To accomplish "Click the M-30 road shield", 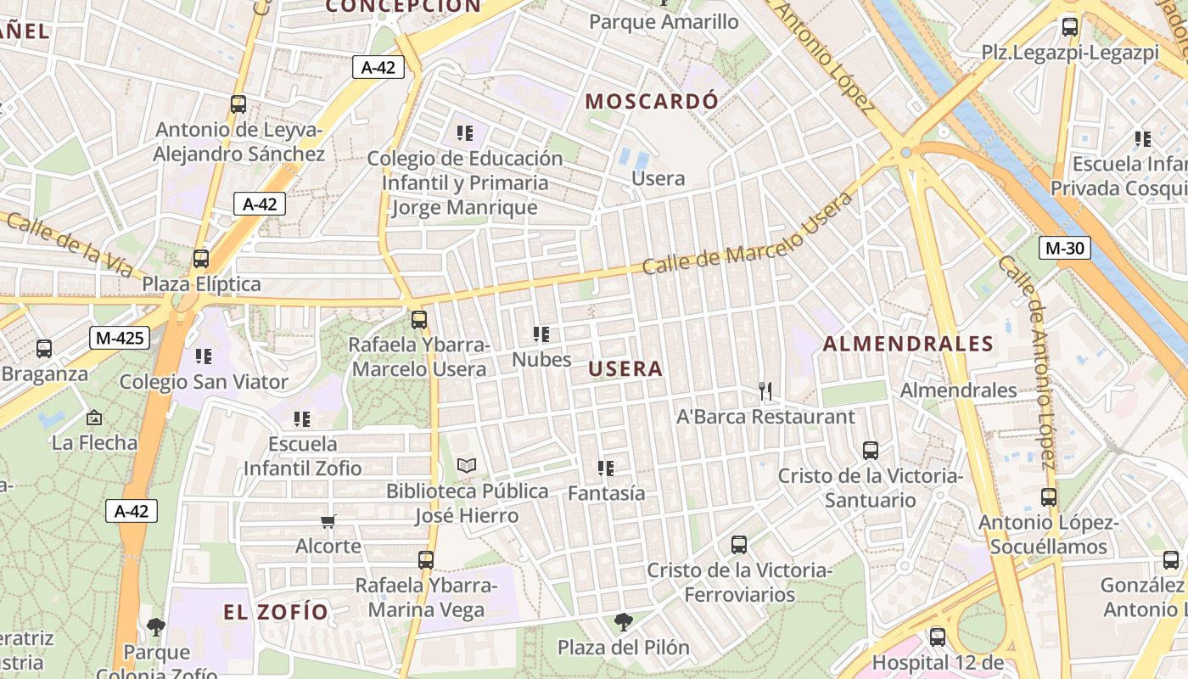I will pyautogui.click(x=1064, y=248).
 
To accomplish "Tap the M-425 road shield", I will pyautogui.click(x=120, y=338).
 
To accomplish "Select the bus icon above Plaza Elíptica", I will pyautogui.click(x=201, y=259).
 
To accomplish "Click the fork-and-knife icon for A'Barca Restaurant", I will pyautogui.click(x=765, y=390).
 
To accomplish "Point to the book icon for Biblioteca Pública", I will pyautogui.click(x=467, y=465).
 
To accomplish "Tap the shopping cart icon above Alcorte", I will pyautogui.click(x=328, y=520).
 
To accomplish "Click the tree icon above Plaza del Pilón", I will pyautogui.click(x=624, y=622).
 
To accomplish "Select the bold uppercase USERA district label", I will pyautogui.click(x=625, y=369).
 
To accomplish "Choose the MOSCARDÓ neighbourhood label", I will pyautogui.click(x=652, y=101).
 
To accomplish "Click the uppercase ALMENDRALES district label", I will pyautogui.click(x=908, y=344).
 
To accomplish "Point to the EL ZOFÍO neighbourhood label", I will pyautogui.click(x=276, y=612).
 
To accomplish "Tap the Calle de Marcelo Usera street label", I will pyautogui.click(x=747, y=234).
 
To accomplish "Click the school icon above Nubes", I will pyautogui.click(x=541, y=334).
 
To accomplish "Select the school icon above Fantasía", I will pyautogui.click(x=606, y=468).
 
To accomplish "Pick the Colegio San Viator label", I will pyautogui.click(x=204, y=382).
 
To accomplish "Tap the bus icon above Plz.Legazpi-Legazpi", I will pyautogui.click(x=1070, y=27).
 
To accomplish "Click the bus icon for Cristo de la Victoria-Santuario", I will pyautogui.click(x=871, y=450).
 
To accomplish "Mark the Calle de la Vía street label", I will pyautogui.click(x=69, y=245).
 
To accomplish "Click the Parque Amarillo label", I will pyautogui.click(x=664, y=22).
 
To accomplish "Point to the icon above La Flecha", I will pyautogui.click(x=94, y=418).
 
